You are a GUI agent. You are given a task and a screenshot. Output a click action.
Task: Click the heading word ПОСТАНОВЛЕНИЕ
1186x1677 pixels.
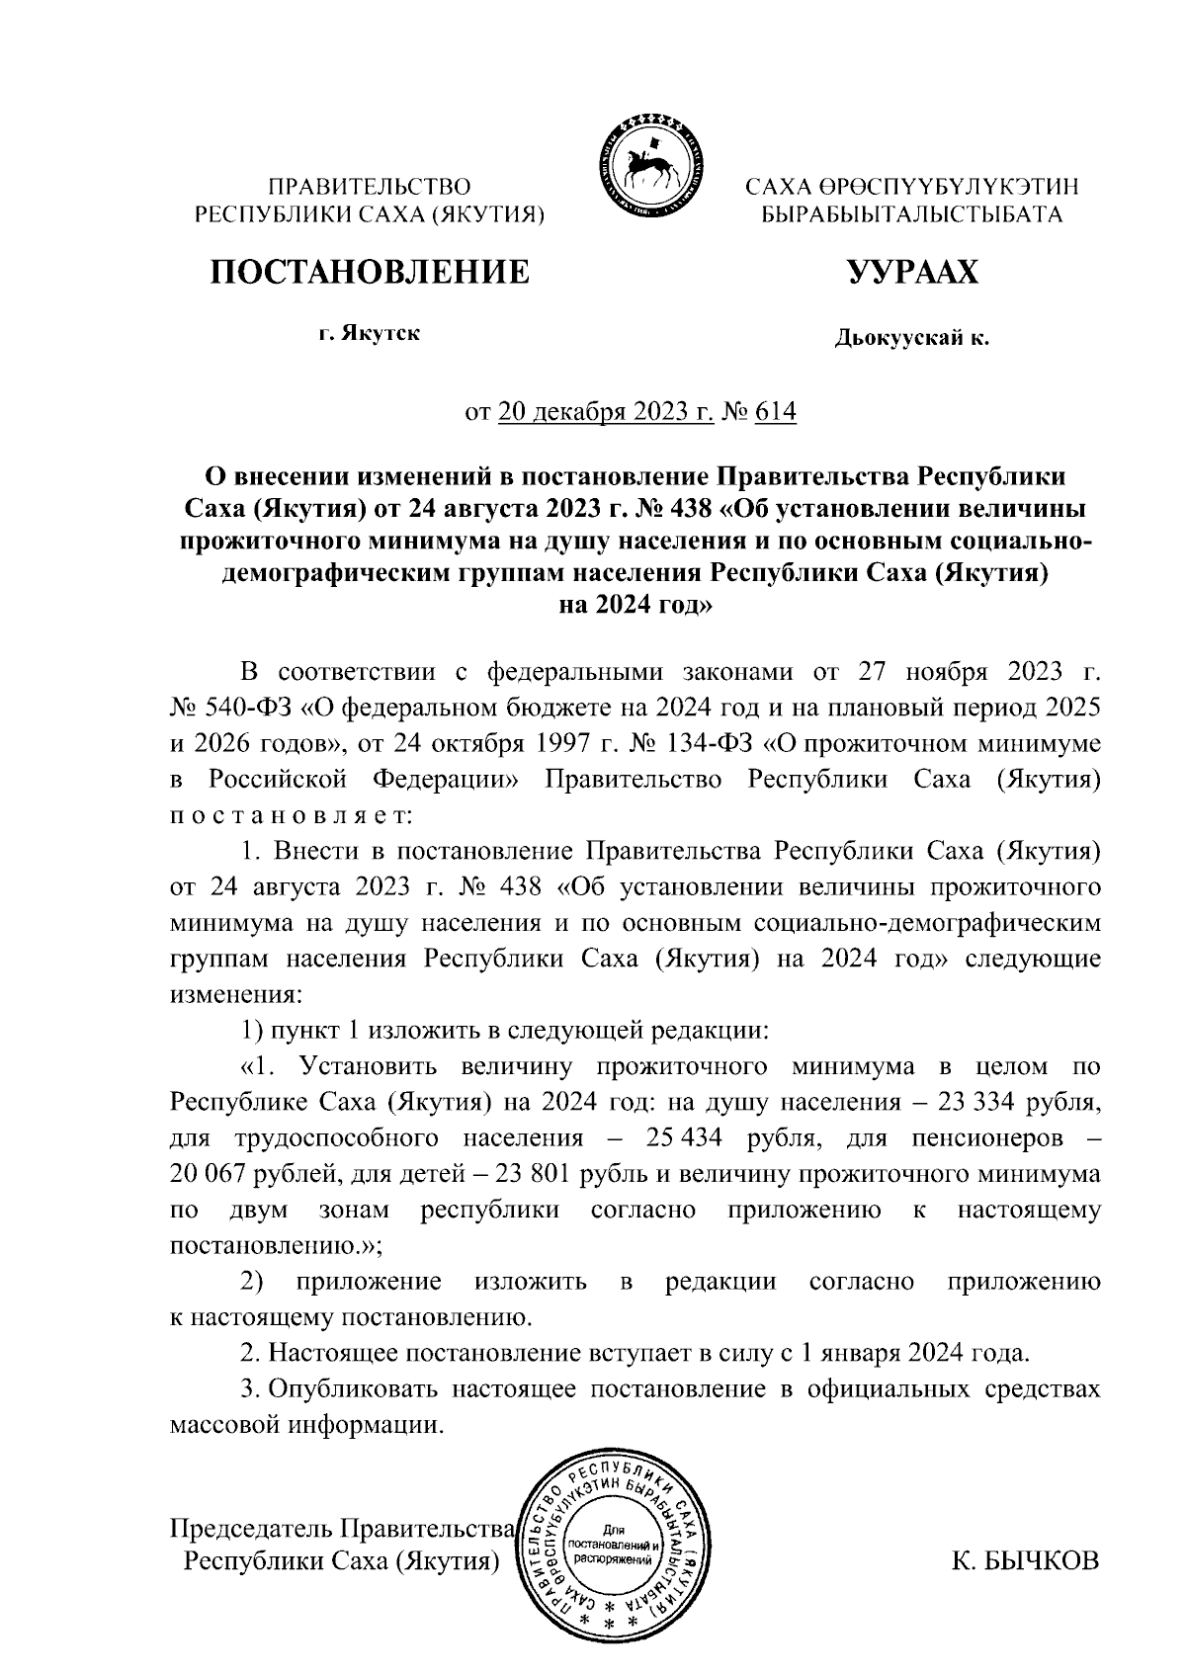[368, 271]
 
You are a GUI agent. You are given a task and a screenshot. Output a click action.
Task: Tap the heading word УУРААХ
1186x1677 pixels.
[912, 272]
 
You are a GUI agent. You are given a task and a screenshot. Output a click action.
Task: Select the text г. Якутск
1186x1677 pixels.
[368, 334]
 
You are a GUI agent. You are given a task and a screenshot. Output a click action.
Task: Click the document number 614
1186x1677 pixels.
[774, 411]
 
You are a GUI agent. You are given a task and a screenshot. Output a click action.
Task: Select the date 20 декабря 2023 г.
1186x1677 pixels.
[606, 411]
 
